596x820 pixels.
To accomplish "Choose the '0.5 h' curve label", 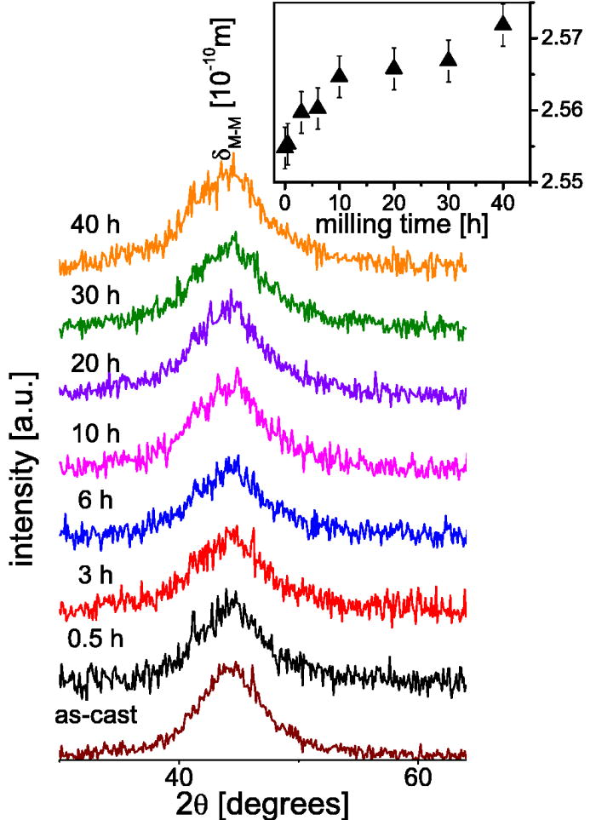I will point(95,638).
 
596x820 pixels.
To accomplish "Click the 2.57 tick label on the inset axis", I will point(558,38).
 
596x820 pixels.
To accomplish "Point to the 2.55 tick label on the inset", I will point(558,181).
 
